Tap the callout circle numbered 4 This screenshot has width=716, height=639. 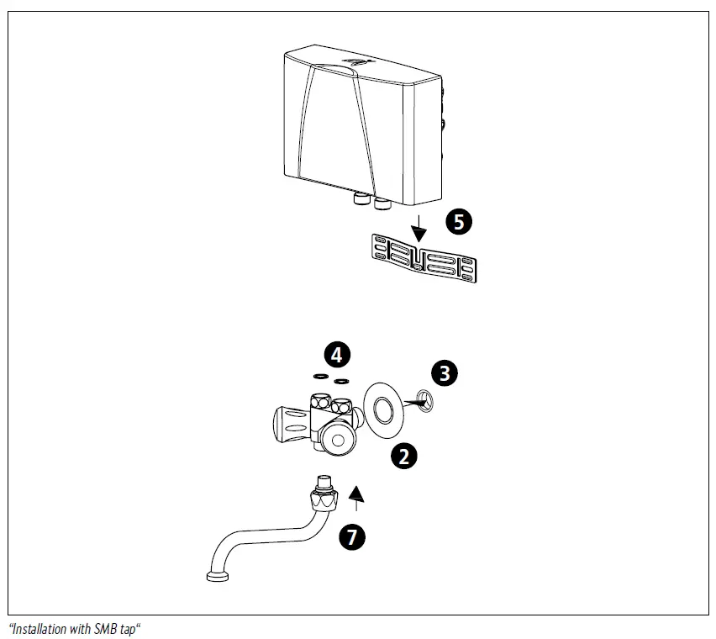click(336, 354)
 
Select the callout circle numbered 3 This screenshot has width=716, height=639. click(445, 372)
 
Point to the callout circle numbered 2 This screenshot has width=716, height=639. click(404, 456)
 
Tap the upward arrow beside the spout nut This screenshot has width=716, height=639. click(358, 497)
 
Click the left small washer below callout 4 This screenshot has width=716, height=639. click(320, 377)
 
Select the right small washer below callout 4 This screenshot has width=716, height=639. click(341, 381)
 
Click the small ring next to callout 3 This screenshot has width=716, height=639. click(424, 401)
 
